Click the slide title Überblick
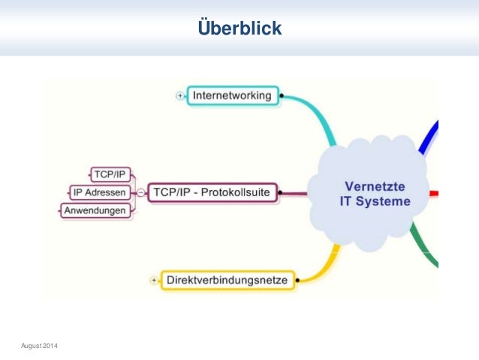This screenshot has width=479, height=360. tap(239, 29)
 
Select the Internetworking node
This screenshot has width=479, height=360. tap(233, 96)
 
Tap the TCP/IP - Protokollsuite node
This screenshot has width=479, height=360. tap(212, 192)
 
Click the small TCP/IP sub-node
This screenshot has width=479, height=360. tap(110, 174)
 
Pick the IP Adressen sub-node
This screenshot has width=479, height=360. tap(99, 192)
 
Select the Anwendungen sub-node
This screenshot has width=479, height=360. tap(95, 210)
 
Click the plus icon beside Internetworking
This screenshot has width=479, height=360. tap(180, 96)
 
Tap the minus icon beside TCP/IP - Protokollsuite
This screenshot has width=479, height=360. tap(140, 193)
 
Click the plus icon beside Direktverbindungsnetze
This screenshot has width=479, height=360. tap(154, 280)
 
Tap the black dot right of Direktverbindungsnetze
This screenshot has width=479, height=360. tap(297, 281)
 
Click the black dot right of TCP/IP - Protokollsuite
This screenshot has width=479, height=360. tap(279, 193)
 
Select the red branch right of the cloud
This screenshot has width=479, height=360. tap(433, 193)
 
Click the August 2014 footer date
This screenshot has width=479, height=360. tap(42, 344)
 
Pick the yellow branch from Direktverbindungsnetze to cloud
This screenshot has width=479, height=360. tap(321, 267)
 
